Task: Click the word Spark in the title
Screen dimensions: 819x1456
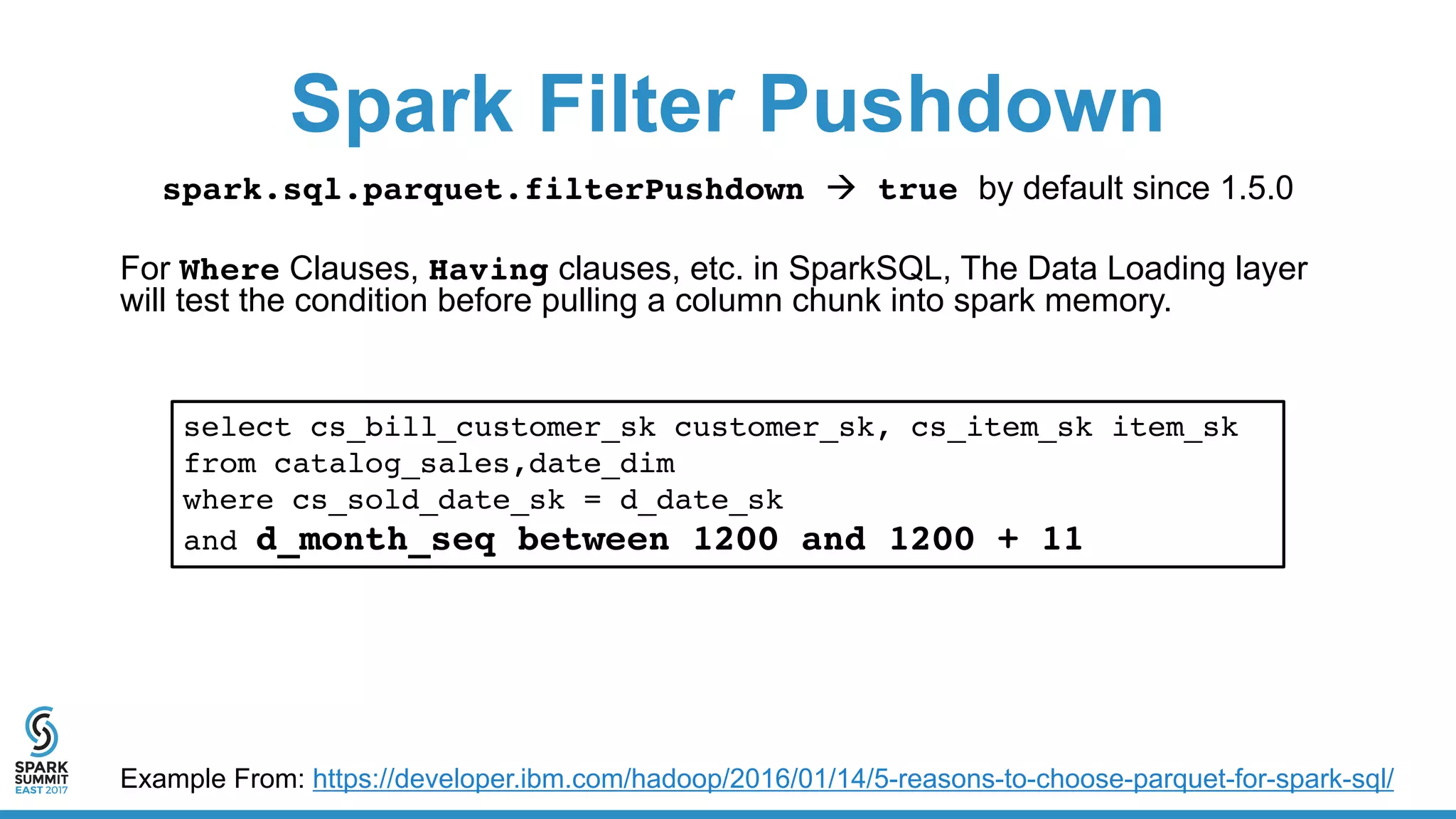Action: click(402, 105)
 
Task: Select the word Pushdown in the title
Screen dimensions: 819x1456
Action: click(961, 105)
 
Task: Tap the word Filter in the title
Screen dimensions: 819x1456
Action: click(636, 105)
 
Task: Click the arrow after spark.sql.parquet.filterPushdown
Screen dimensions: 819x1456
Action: click(842, 189)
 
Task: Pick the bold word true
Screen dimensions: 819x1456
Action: click(918, 190)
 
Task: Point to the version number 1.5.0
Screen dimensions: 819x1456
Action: click(1256, 188)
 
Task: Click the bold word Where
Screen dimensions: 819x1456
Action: click(229, 270)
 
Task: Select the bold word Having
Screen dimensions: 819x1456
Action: click(488, 270)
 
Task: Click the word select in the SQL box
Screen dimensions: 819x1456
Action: click(237, 427)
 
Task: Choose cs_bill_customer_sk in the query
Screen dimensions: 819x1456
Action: click(483, 427)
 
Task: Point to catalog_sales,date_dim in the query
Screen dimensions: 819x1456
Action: click(474, 464)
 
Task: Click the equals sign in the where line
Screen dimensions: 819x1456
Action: click(592, 500)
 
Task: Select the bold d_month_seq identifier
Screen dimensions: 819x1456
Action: click(375, 540)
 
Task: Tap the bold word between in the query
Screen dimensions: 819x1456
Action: click(593, 540)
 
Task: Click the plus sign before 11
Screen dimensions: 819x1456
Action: click(1007, 540)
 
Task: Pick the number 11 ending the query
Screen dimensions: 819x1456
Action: click(1062, 540)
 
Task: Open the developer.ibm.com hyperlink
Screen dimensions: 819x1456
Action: click(852, 779)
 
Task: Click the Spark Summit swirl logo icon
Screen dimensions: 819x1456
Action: click(41, 732)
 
